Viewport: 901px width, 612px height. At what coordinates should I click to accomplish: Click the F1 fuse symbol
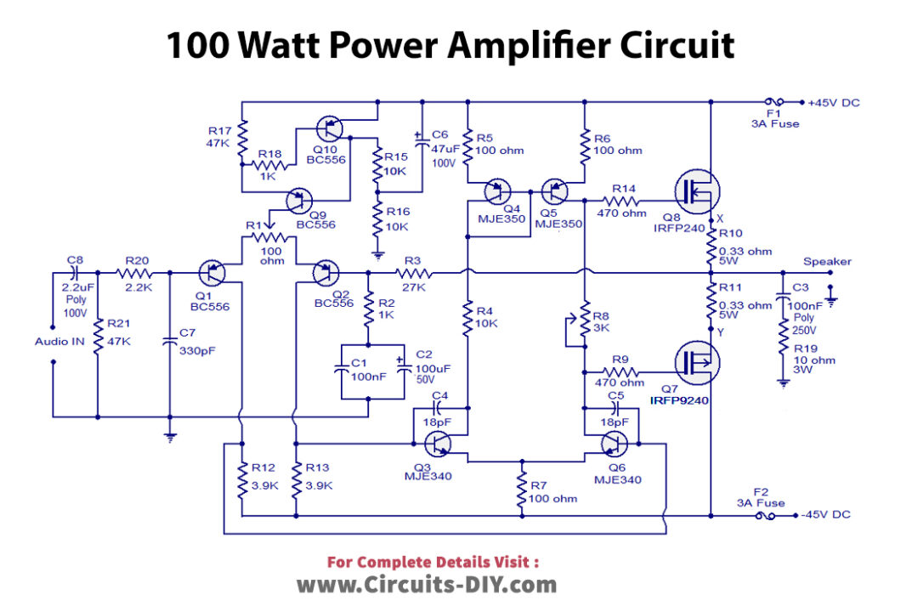pos(774,102)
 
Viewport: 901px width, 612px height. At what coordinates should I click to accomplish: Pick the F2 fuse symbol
pos(767,515)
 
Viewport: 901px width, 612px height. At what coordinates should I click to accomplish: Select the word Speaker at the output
pos(827,261)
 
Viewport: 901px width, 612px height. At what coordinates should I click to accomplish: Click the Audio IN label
pos(60,341)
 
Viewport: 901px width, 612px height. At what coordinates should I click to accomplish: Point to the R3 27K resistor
pos(414,273)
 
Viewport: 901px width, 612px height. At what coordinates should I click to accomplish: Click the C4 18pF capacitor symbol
pos(439,409)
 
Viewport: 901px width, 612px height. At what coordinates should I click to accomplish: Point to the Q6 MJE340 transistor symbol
pos(613,444)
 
